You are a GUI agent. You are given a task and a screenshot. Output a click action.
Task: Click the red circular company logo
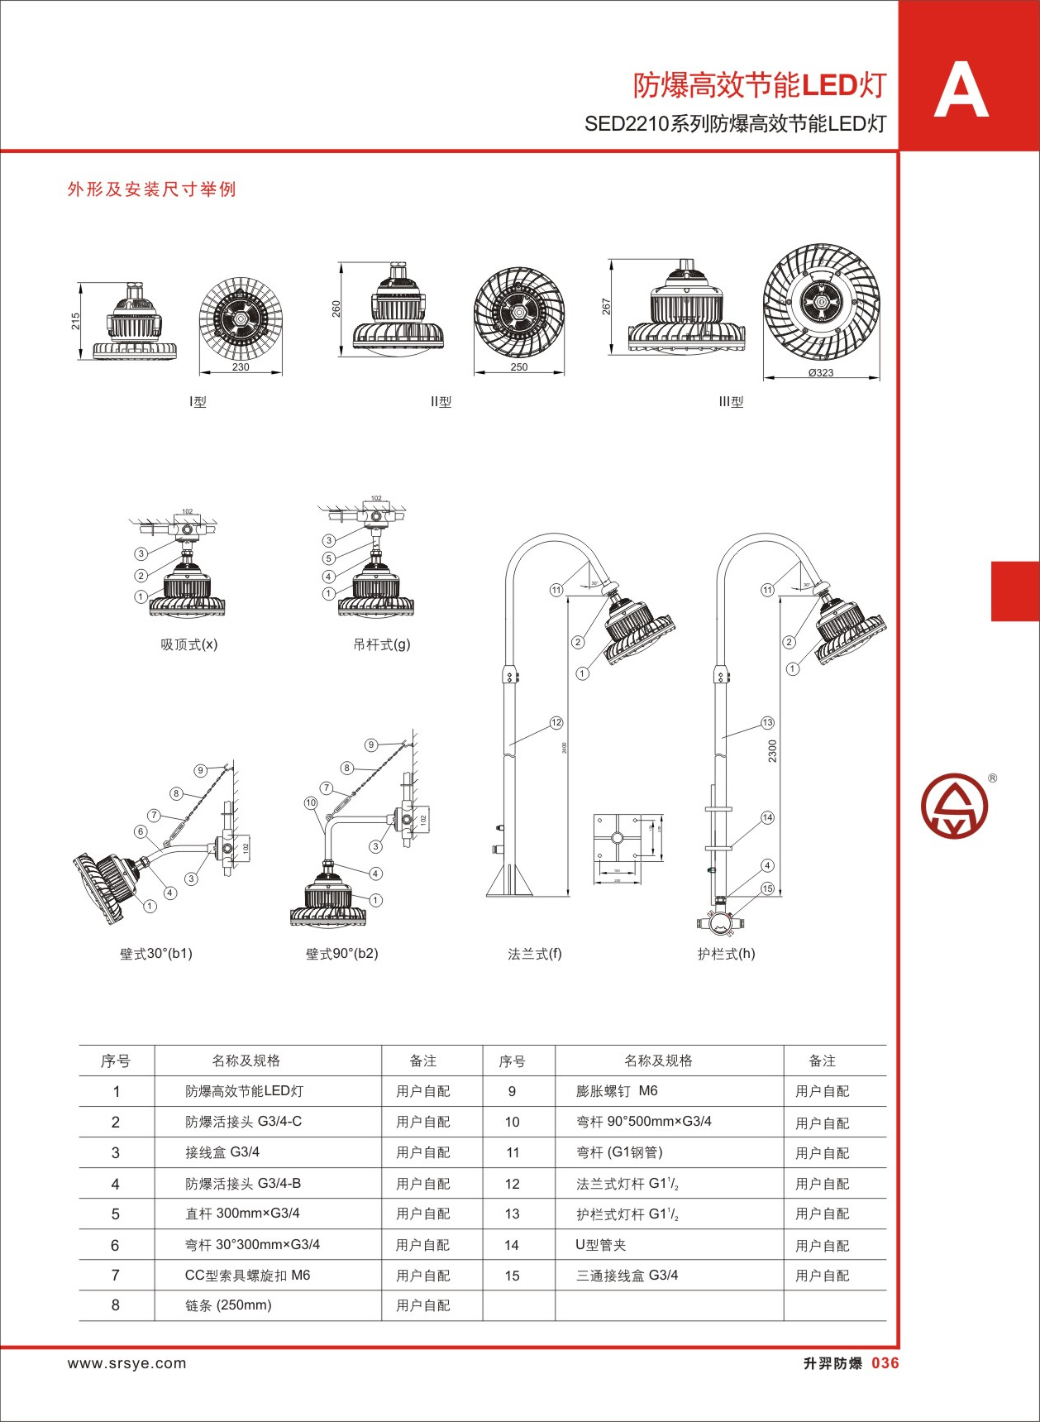[954, 806]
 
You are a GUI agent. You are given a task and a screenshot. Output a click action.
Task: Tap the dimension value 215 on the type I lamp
[76, 321]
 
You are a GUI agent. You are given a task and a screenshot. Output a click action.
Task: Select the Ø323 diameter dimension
[821, 373]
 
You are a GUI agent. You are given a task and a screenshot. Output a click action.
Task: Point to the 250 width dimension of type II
[518, 367]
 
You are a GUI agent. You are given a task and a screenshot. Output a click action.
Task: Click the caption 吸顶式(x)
[189, 644]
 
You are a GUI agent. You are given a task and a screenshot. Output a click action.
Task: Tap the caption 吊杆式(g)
[381, 644]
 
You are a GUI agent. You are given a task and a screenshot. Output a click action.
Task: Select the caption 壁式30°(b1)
[156, 954]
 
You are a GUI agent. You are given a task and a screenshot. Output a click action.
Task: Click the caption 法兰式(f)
[534, 954]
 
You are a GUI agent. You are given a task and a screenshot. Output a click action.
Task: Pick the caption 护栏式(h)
[726, 954]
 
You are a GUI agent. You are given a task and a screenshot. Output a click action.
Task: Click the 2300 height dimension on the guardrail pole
[772, 751]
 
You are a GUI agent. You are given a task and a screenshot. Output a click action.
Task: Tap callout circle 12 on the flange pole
[556, 723]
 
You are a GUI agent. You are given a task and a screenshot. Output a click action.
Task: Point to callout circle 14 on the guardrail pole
[767, 817]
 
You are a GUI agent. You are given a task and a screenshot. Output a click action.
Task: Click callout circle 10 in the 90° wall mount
[311, 802]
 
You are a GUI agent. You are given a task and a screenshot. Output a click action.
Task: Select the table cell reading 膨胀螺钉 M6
[617, 1091]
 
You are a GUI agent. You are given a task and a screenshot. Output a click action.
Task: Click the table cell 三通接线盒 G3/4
[627, 1276]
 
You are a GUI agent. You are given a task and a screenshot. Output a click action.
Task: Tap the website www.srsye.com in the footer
[127, 1364]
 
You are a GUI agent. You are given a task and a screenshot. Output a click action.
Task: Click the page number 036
[885, 1364]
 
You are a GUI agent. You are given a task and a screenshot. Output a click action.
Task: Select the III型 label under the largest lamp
[731, 402]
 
